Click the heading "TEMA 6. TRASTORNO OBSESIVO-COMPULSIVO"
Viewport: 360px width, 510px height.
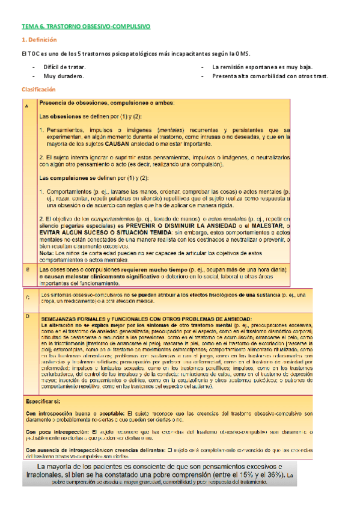(x=86, y=27)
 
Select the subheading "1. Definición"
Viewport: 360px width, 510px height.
(x=38, y=40)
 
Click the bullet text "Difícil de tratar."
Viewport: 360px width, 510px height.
(x=64, y=67)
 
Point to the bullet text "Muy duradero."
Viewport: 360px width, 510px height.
(x=63, y=77)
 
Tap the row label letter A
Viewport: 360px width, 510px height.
(x=26, y=106)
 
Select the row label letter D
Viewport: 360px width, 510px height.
(x=26, y=315)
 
